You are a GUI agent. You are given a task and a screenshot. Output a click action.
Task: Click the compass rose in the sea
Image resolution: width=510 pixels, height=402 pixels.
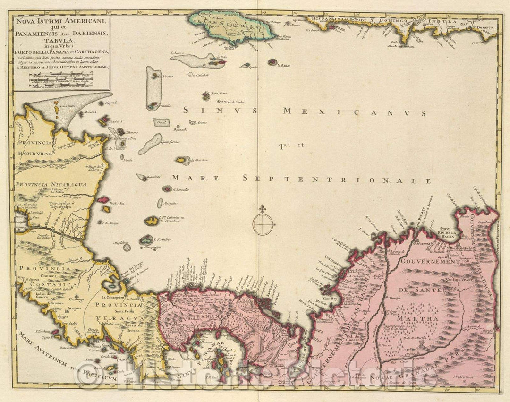click(262, 223)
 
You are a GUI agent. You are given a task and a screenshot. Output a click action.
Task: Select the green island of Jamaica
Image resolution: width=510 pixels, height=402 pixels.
click(231, 27)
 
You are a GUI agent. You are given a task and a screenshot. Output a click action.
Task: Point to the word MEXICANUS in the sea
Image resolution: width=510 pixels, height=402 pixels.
click(354, 112)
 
